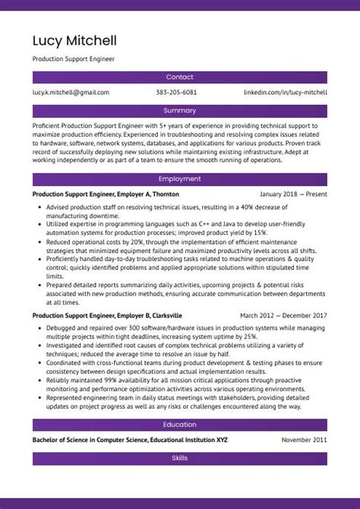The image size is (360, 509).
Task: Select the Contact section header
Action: pyautogui.click(x=180, y=77)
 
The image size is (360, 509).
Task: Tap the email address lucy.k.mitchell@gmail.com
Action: pyautogui.click(x=71, y=92)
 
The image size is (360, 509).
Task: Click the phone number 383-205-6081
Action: pyautogui.click(x=176, y=92)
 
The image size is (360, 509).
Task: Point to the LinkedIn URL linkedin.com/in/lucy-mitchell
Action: pyautogui.click(x=285, y=92)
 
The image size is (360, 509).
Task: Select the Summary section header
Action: pyautogui.click(x=180, y=110)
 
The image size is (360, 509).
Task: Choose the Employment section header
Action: pyautogui.click(x=180, y=179)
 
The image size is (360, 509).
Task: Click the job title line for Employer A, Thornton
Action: pyautogui.click(x=106, y=194)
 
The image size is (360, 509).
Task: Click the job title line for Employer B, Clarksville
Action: pyautogui.click(x=107, y=315)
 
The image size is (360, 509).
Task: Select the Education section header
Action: pyautogui.click(x=180, y=425)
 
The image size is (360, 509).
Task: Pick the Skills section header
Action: pyautogui.click(x=180, y=459)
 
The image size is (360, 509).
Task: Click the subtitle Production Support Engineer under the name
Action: pyautogui.click(x=74, y=58)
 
